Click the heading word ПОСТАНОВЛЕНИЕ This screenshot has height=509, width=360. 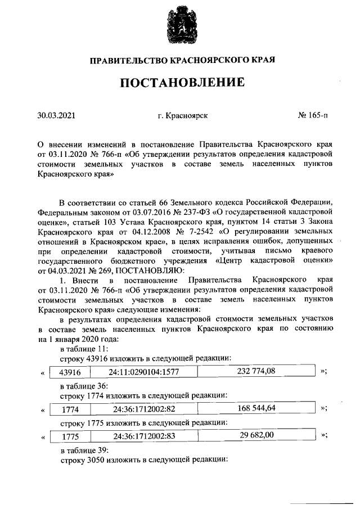pos(180,83)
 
